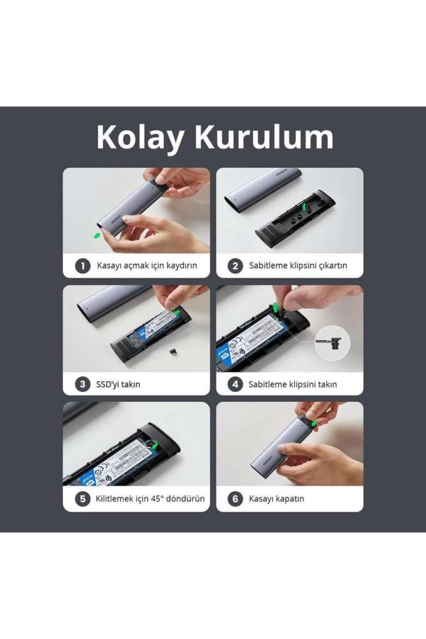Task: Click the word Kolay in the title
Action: [141, 137]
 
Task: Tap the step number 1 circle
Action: [82, 266]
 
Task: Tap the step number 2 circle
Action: [235, 266]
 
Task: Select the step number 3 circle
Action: [82, 384]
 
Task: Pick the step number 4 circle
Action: [235, 384]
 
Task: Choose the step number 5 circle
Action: [82, 499]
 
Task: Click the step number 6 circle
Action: [235, 499]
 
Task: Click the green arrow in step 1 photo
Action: [97, 235]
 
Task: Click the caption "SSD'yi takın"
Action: [119, 384]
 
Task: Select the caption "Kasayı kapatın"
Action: [277, 499]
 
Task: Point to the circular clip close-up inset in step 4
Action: [332, 342]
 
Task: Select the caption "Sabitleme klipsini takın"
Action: [292, 384]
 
